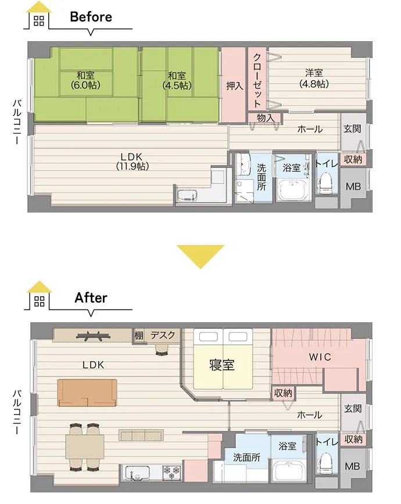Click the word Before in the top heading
point(91,17)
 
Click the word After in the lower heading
point(91,298)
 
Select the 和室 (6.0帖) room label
point(85,80)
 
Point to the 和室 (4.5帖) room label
point(177,80)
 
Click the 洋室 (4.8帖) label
point(314,78)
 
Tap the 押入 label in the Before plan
point(234,86)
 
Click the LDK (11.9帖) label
point(132,161)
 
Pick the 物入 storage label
point(266,118)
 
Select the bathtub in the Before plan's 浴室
point(293,190)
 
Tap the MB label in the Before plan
point(353,186)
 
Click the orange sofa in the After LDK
point(87,393)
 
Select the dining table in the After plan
point(85,447)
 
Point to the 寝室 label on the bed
point(222,365)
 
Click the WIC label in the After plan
point(320,357)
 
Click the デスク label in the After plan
point(163,335)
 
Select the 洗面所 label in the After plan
point(246,458)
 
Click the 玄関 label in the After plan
point(353,409)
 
